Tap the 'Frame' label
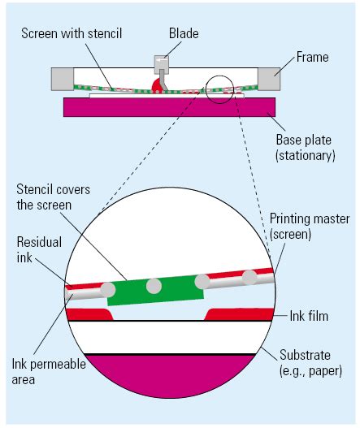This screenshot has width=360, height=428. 313,58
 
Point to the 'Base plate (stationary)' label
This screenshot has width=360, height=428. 305,147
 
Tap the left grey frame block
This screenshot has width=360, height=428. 63,79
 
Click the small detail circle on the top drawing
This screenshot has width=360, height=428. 221,87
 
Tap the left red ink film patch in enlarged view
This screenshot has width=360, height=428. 89,314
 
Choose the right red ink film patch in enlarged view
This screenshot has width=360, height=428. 240,313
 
